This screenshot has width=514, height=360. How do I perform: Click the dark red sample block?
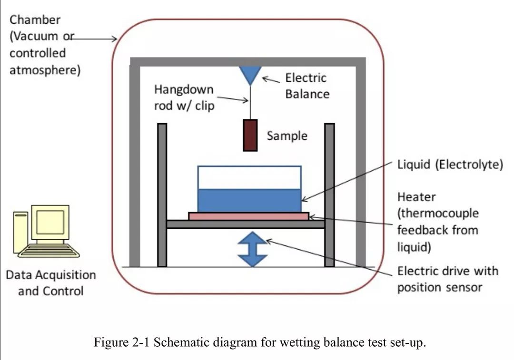[250, 135]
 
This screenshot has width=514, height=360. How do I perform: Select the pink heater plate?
[248, 216]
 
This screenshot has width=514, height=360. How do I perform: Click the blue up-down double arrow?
[252, 250]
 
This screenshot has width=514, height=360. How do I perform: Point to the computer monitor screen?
[50, 222]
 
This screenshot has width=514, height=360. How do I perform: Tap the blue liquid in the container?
[249, 200]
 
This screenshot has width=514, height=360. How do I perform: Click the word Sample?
[287, 136]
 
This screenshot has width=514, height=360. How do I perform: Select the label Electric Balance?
[306, 86]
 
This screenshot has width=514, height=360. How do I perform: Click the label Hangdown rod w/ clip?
[184, 97]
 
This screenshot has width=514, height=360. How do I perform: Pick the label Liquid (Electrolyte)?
[450, 165]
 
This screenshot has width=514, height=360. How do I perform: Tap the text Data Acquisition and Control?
[51, 282]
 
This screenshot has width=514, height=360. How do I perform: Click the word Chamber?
[35, 20]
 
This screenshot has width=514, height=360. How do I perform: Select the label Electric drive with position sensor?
[447, 279]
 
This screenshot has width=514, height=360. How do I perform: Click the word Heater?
[416, 196]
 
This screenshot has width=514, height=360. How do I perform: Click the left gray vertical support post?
[162, 195]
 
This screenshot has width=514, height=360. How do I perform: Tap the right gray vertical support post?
[329, 195]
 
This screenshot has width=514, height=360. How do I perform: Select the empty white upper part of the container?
[249, 177]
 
